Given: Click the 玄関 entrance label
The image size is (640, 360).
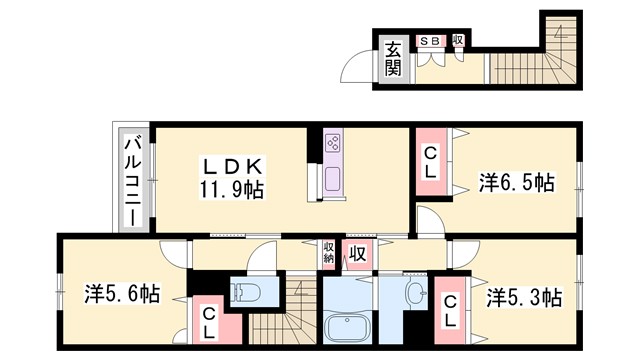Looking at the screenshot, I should (392, 59).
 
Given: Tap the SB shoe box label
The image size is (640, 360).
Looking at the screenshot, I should (430, 41).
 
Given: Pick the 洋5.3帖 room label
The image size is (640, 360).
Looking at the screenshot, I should (524, 297).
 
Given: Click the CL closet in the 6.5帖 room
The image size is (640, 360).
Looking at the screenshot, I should (429, 164).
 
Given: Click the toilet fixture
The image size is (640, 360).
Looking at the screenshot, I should (245, 292).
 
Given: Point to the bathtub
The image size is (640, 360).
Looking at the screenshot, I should (349, 326).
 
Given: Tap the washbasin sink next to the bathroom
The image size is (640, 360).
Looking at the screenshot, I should (413, 292).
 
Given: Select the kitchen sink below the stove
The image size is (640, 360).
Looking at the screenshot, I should (331, 180).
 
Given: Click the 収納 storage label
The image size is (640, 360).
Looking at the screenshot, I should (329, 252).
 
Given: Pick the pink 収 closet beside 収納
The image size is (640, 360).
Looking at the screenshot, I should (356, 254).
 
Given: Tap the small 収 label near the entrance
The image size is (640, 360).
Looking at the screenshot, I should (457, 41).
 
